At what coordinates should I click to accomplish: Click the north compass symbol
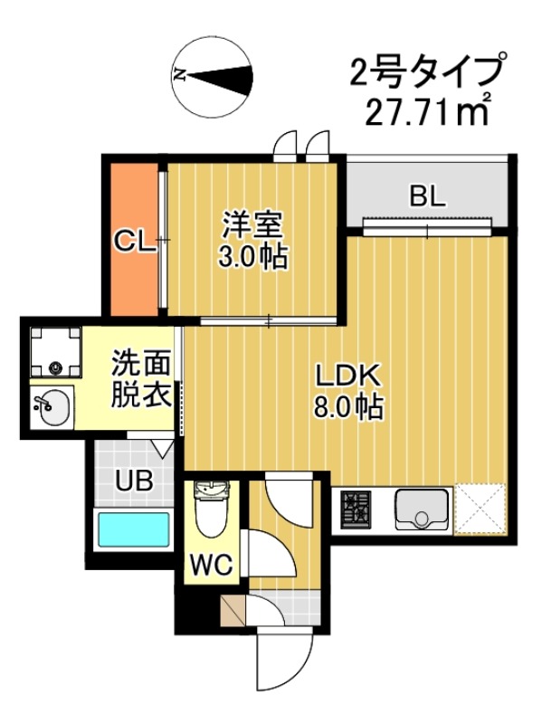(x=214, y=74)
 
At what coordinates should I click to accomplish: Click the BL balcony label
(x=426, y=196)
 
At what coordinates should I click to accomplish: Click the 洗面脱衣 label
(x=141, y=380)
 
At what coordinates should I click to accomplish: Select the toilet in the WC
(x=212, y=512)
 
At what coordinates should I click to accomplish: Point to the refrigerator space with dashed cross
(x=480, y=510)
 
